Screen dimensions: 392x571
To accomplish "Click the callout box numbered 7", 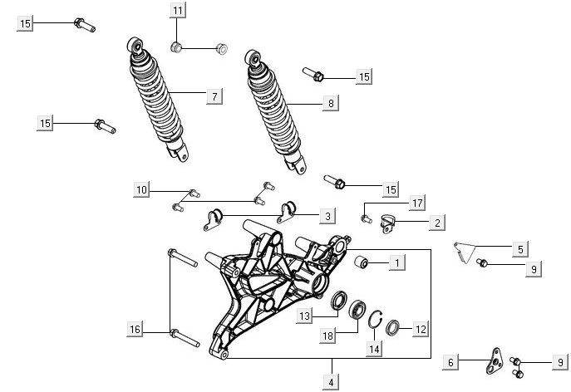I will [214, 97].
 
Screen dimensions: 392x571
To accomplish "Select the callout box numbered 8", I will [331, 104].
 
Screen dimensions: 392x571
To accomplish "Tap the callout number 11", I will [179, 10].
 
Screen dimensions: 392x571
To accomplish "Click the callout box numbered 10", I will [142, 190].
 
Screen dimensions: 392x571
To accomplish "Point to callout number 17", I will [416, 203].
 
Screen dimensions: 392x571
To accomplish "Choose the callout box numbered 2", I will [436, 222].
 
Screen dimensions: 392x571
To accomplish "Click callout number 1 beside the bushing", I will [397, 262].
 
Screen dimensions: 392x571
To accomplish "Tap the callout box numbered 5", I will [519, 247].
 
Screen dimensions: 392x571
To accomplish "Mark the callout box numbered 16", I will [135, 330].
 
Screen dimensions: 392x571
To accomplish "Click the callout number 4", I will [331, 383].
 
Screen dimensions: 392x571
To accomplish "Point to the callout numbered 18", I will [330, 335].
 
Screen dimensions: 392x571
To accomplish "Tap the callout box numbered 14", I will [374, 350].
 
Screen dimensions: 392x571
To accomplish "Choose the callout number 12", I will [420, 330].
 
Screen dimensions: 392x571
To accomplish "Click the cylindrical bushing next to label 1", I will [362, 263].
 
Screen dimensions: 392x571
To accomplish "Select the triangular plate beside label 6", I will [496, 357].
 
